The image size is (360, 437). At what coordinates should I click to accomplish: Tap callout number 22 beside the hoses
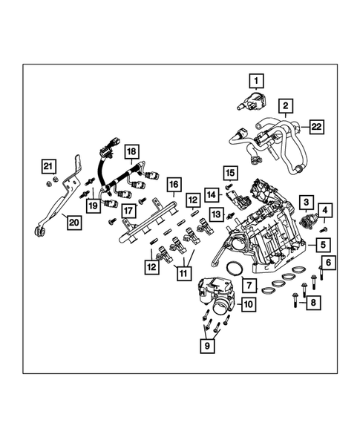317,128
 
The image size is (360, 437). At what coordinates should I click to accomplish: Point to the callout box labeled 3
305,201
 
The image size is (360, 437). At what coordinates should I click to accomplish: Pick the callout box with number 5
323,243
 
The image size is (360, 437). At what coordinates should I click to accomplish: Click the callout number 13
216,214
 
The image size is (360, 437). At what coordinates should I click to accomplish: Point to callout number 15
229,173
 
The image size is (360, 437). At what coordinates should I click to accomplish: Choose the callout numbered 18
131,154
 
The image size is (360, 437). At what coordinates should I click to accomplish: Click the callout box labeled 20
74,221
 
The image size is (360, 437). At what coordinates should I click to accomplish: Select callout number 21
48,165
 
